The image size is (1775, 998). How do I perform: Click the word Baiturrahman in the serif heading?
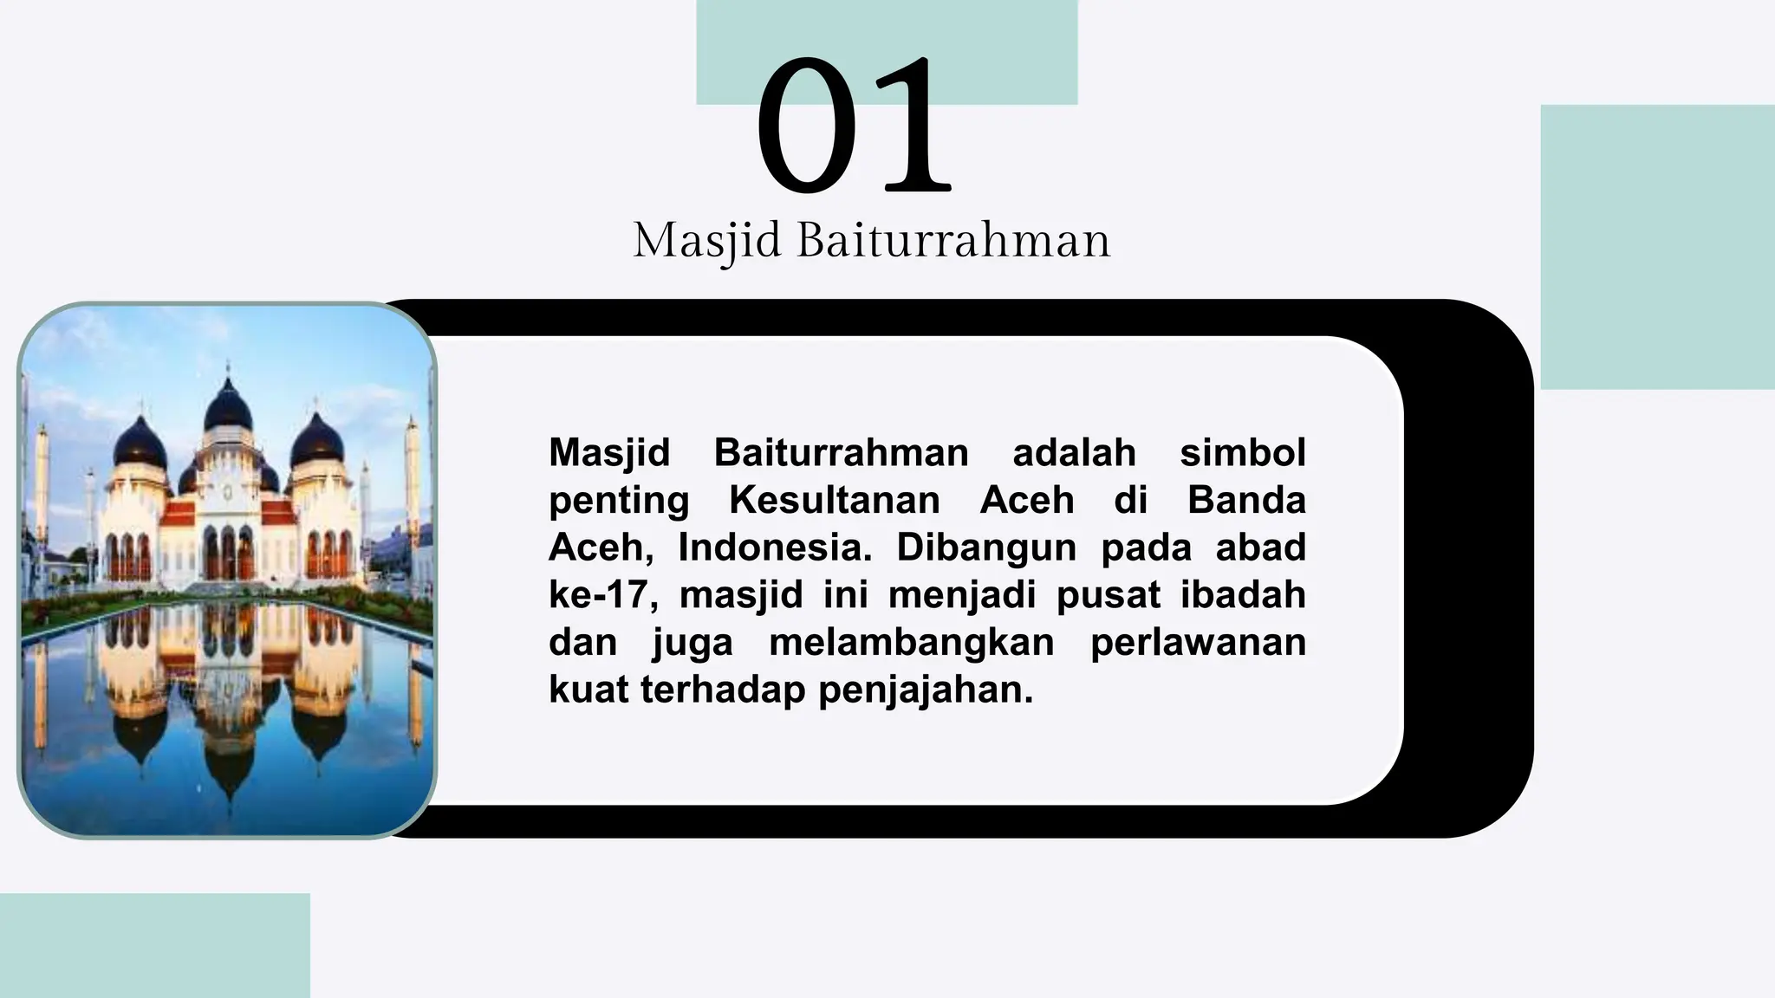953,240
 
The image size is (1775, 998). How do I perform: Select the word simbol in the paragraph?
1242,452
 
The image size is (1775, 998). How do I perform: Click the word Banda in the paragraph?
1245,500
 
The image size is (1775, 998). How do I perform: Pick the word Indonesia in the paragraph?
775,548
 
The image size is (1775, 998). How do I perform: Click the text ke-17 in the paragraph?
603,595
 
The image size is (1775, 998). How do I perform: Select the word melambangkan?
911,643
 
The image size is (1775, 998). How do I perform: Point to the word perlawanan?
1197,643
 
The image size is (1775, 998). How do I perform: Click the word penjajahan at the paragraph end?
925,690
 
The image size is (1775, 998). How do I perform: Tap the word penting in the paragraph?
619,500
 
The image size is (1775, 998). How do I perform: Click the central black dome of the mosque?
228,406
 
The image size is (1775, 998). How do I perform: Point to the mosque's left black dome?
140,441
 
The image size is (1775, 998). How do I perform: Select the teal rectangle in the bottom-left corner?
154,945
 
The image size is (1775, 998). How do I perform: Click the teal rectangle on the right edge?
1657,247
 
